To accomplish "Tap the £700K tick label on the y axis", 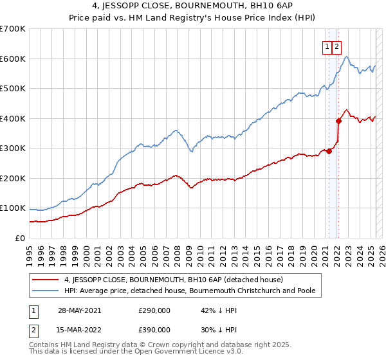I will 12,29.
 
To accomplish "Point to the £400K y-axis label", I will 12,118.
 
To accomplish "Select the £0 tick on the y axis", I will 19,238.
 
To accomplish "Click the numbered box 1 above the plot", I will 327,46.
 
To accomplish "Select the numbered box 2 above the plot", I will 337,46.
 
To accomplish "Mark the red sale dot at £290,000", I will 329,151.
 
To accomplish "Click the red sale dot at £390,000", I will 338,121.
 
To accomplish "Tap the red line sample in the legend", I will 46,280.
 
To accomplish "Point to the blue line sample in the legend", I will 46,291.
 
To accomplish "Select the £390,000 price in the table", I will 154,329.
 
